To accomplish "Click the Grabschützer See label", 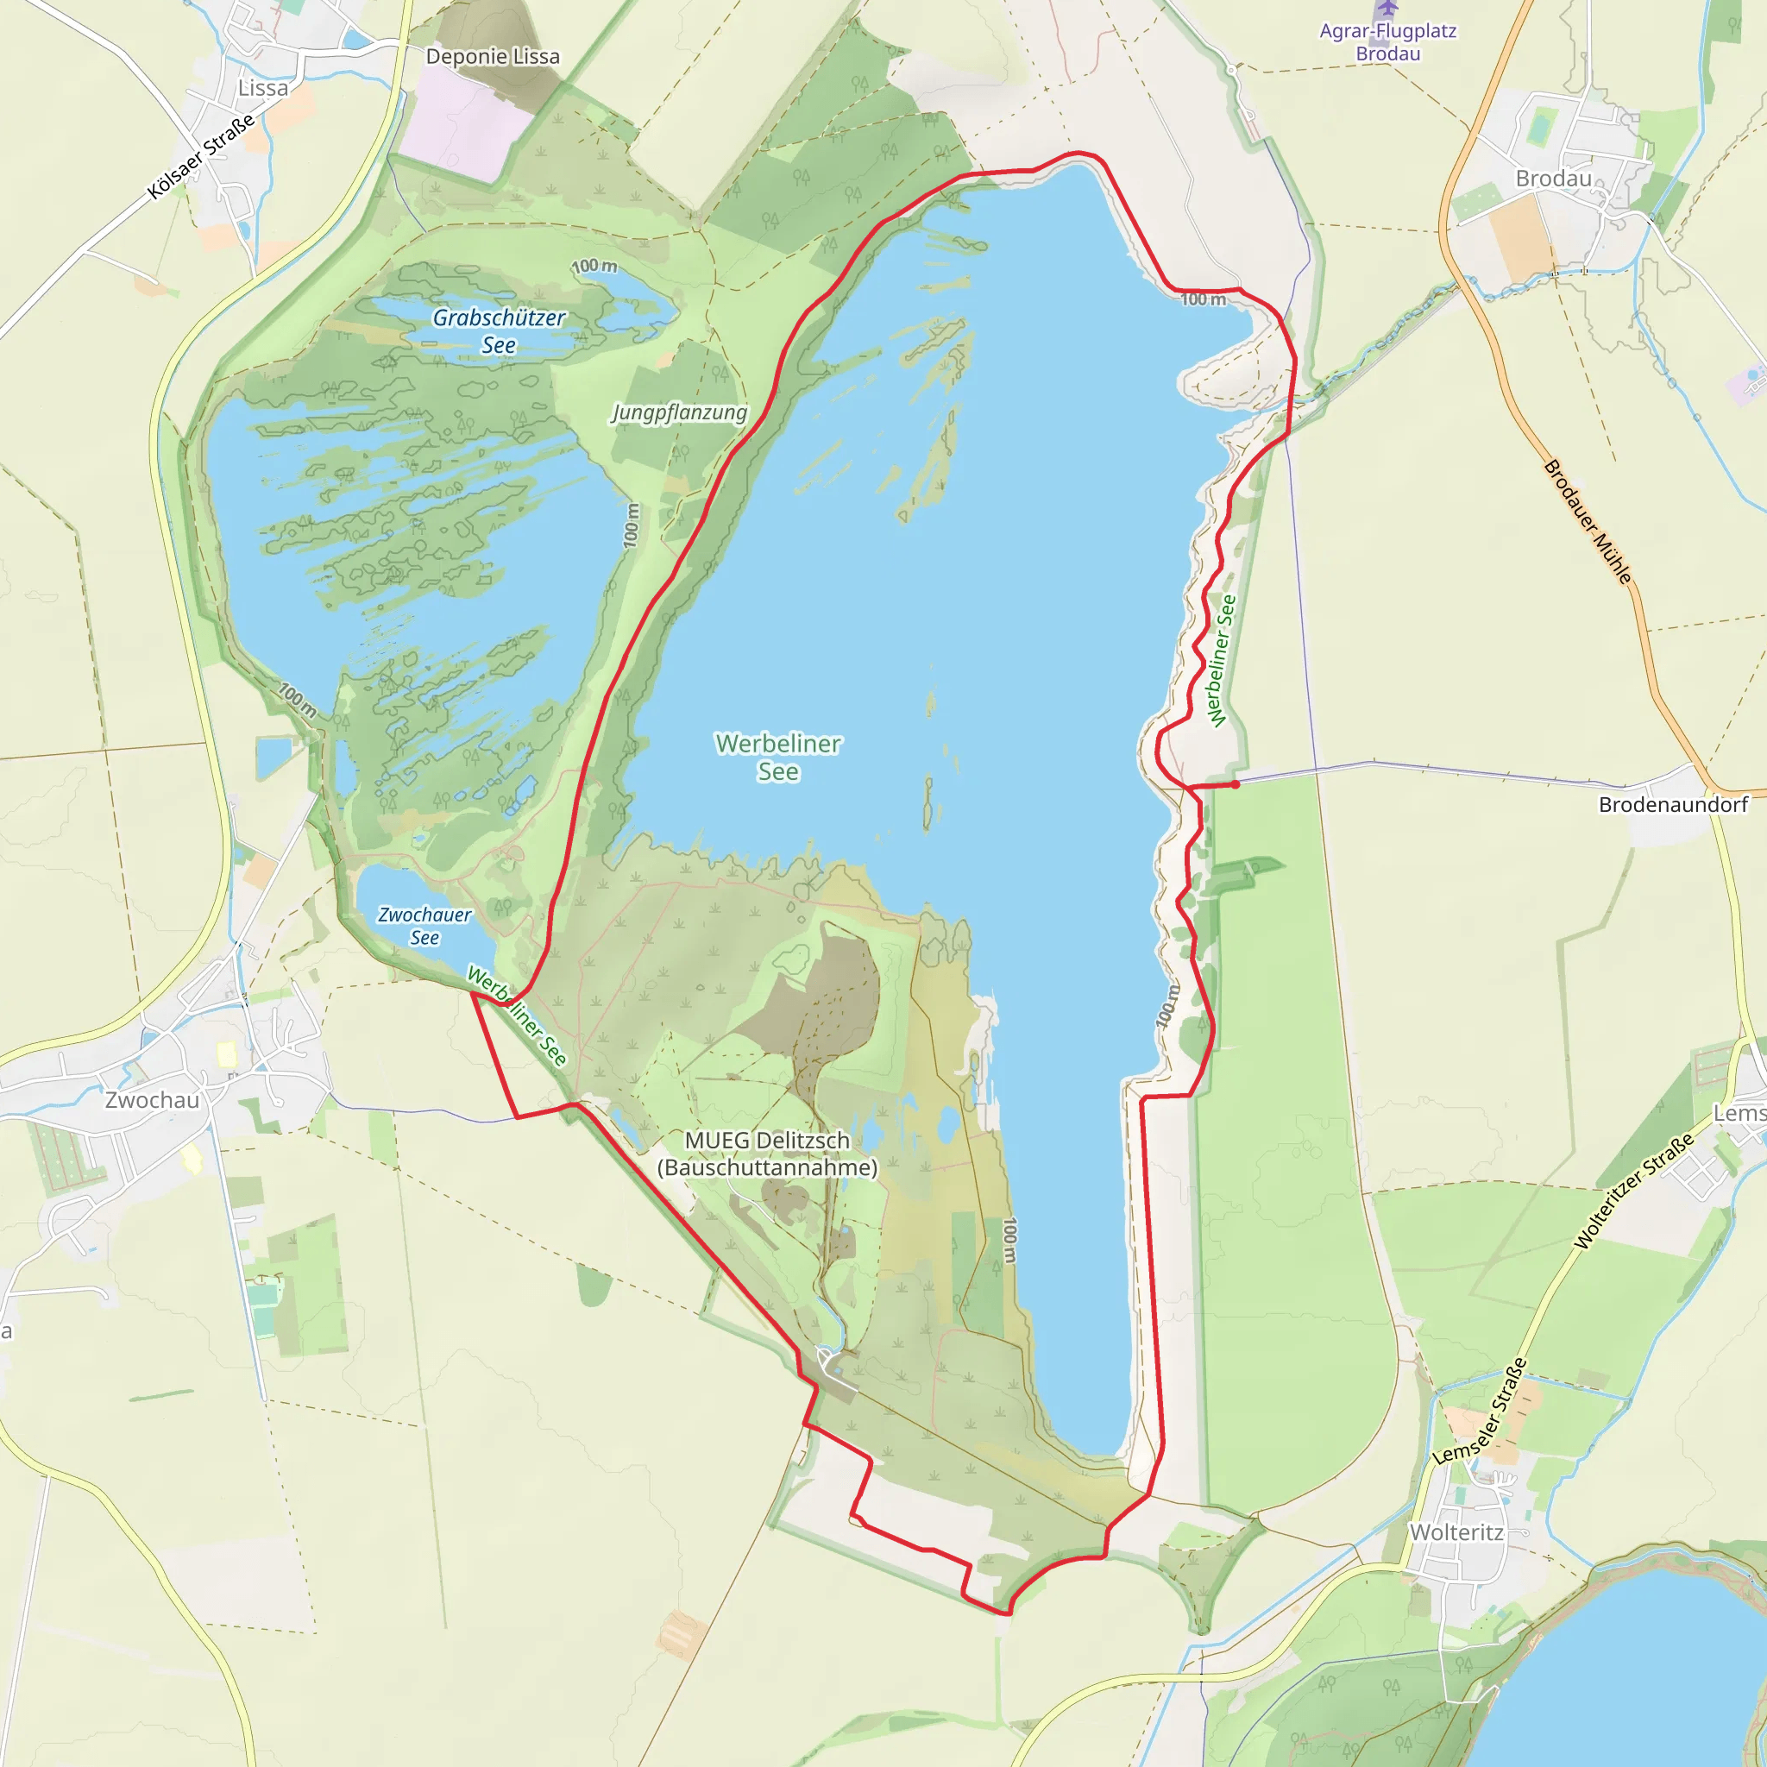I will pos(499,331).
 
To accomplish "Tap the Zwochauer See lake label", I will pos(424,926).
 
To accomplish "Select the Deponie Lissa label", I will pos(492,57).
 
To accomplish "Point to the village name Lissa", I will pos(262,88).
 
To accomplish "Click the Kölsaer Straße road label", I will pos(201,157).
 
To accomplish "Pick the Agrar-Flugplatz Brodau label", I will pos(1387,42).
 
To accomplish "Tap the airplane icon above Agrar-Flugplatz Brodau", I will pos(1387,7).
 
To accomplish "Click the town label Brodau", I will pos(1553,179).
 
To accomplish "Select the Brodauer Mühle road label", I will pos(1588,521).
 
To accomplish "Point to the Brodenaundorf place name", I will pos(1673,804).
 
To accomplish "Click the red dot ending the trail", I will pos(1236,783).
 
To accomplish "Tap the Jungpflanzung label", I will pos(679,412).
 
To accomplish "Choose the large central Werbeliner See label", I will pos(778,758).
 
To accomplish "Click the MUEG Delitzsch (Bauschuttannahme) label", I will pos(767,1154).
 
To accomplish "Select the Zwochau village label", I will pos(152,1099).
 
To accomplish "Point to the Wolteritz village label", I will pos(1456,1532).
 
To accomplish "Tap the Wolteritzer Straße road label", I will pos(1634,1191).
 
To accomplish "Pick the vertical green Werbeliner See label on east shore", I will pos(1222,660).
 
